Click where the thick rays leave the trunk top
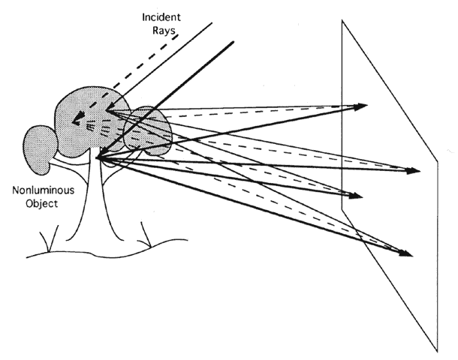tap(98, 157)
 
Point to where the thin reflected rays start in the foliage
tap(107, 112)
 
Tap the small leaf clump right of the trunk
tap(151, 127)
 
